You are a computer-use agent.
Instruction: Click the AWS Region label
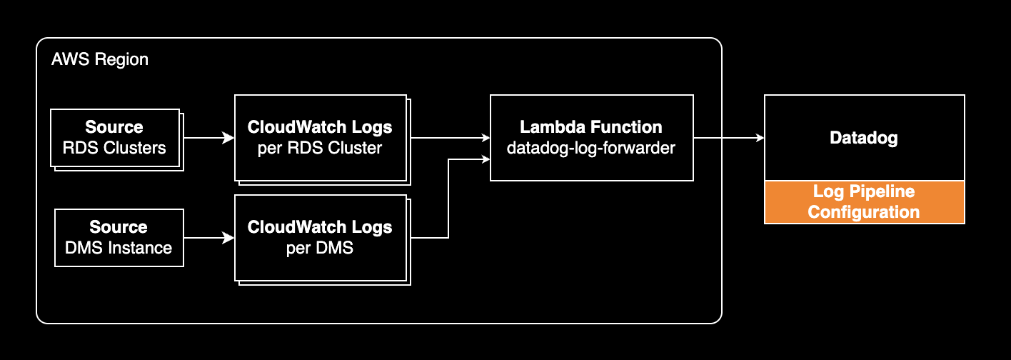100,59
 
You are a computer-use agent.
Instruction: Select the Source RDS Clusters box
115,138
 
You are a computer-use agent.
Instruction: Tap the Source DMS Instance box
119,238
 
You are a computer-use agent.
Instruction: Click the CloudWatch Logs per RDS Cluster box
320,138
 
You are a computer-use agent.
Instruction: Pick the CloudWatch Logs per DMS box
320,238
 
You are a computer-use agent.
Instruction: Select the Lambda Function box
591,138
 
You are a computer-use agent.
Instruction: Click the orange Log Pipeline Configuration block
864,202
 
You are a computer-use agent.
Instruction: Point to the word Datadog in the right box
864,138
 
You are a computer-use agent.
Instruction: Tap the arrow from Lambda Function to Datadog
728,138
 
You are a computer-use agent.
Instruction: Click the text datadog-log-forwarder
591,149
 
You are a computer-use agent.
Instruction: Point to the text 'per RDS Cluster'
320,149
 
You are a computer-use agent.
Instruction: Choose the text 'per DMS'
320,249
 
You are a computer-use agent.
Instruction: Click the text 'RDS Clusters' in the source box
115,149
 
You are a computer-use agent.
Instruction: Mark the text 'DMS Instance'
119,249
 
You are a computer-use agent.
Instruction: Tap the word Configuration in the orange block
864,212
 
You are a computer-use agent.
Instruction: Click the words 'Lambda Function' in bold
591,127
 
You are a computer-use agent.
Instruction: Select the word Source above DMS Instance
119,227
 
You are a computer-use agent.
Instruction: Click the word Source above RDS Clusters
114,127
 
